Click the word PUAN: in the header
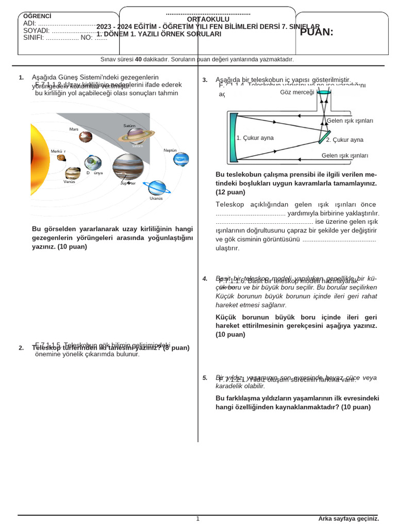(317, 32)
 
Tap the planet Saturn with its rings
(136, 136)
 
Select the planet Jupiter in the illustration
(127, 166)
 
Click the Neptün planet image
(181, 159)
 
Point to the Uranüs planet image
(156, 188)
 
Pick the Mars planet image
(86, 137)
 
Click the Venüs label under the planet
(69, 181)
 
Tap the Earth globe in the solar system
(93, 162)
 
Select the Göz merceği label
(296, 92)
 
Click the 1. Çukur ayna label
(255, 138)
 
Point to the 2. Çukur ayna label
(344, 140)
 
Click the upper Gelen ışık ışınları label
(350, 121)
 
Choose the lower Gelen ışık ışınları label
(344, 155)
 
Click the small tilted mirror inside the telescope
(324, 137)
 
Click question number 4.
(205, 279)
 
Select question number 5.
(205, 378)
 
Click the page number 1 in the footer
(197, 519)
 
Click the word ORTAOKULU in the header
(208, 19)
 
